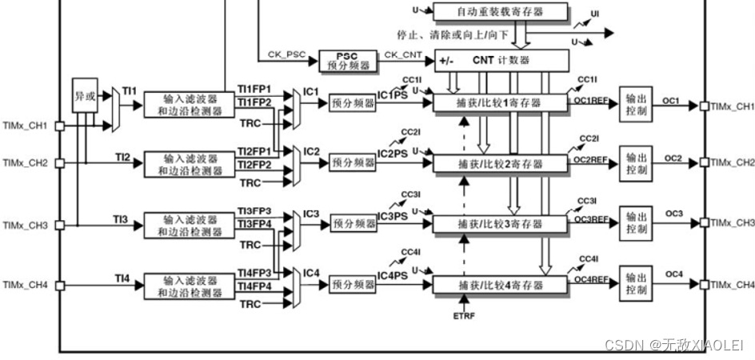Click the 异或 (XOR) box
coord(84,94)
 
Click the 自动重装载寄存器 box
coord(501,12)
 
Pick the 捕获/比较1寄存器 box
coord(500,103)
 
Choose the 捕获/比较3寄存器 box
coord(500,224)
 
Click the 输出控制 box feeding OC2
coord(637,163)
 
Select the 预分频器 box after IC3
coord(353,224)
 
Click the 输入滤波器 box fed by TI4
coord(190,286)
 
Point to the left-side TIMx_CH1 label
coord(25,126)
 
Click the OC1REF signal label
coord(591,102)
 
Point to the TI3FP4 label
coord(254,223)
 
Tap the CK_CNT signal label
coord(402,54)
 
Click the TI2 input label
coord(122,157)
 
